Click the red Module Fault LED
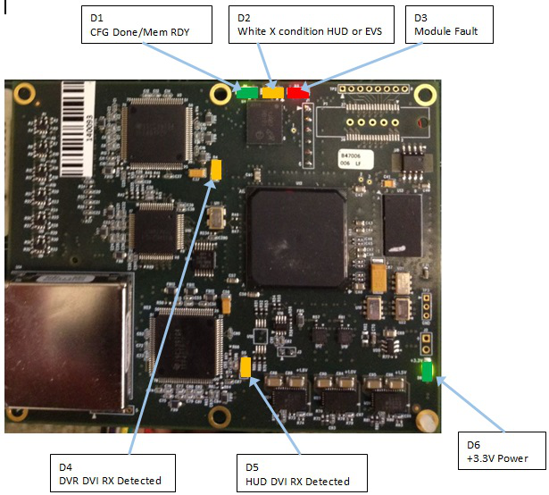[297, 91]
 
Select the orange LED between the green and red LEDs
[271, 91]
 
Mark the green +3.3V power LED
[428, 371]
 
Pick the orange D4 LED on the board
[215, 169]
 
